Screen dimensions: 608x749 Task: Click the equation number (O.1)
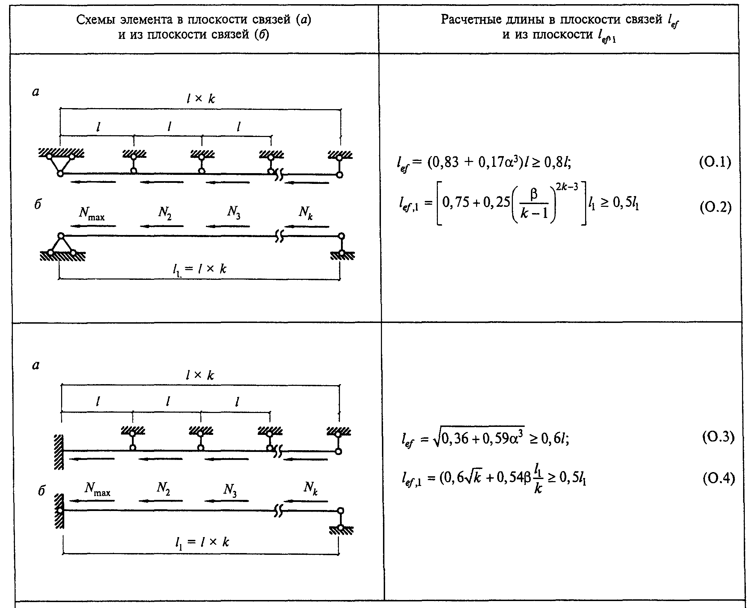(715, 162)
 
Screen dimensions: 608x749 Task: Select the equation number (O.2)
(715, 207)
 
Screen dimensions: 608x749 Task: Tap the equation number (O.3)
(718, 437)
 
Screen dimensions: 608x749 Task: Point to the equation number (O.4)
(718, 478)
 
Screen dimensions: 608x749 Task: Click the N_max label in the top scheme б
(92, 213)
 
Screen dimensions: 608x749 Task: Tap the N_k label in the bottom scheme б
(310, 488)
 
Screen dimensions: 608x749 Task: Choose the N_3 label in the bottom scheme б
(230, 489)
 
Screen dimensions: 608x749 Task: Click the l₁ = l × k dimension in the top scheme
(200, 269)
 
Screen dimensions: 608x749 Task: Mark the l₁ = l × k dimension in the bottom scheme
(202, 542)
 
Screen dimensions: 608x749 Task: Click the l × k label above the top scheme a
(200, 99)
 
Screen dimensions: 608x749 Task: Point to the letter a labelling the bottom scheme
(36, 365)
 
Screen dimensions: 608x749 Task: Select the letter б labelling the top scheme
(38, 204)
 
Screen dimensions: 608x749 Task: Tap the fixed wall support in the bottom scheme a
(59, 452)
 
